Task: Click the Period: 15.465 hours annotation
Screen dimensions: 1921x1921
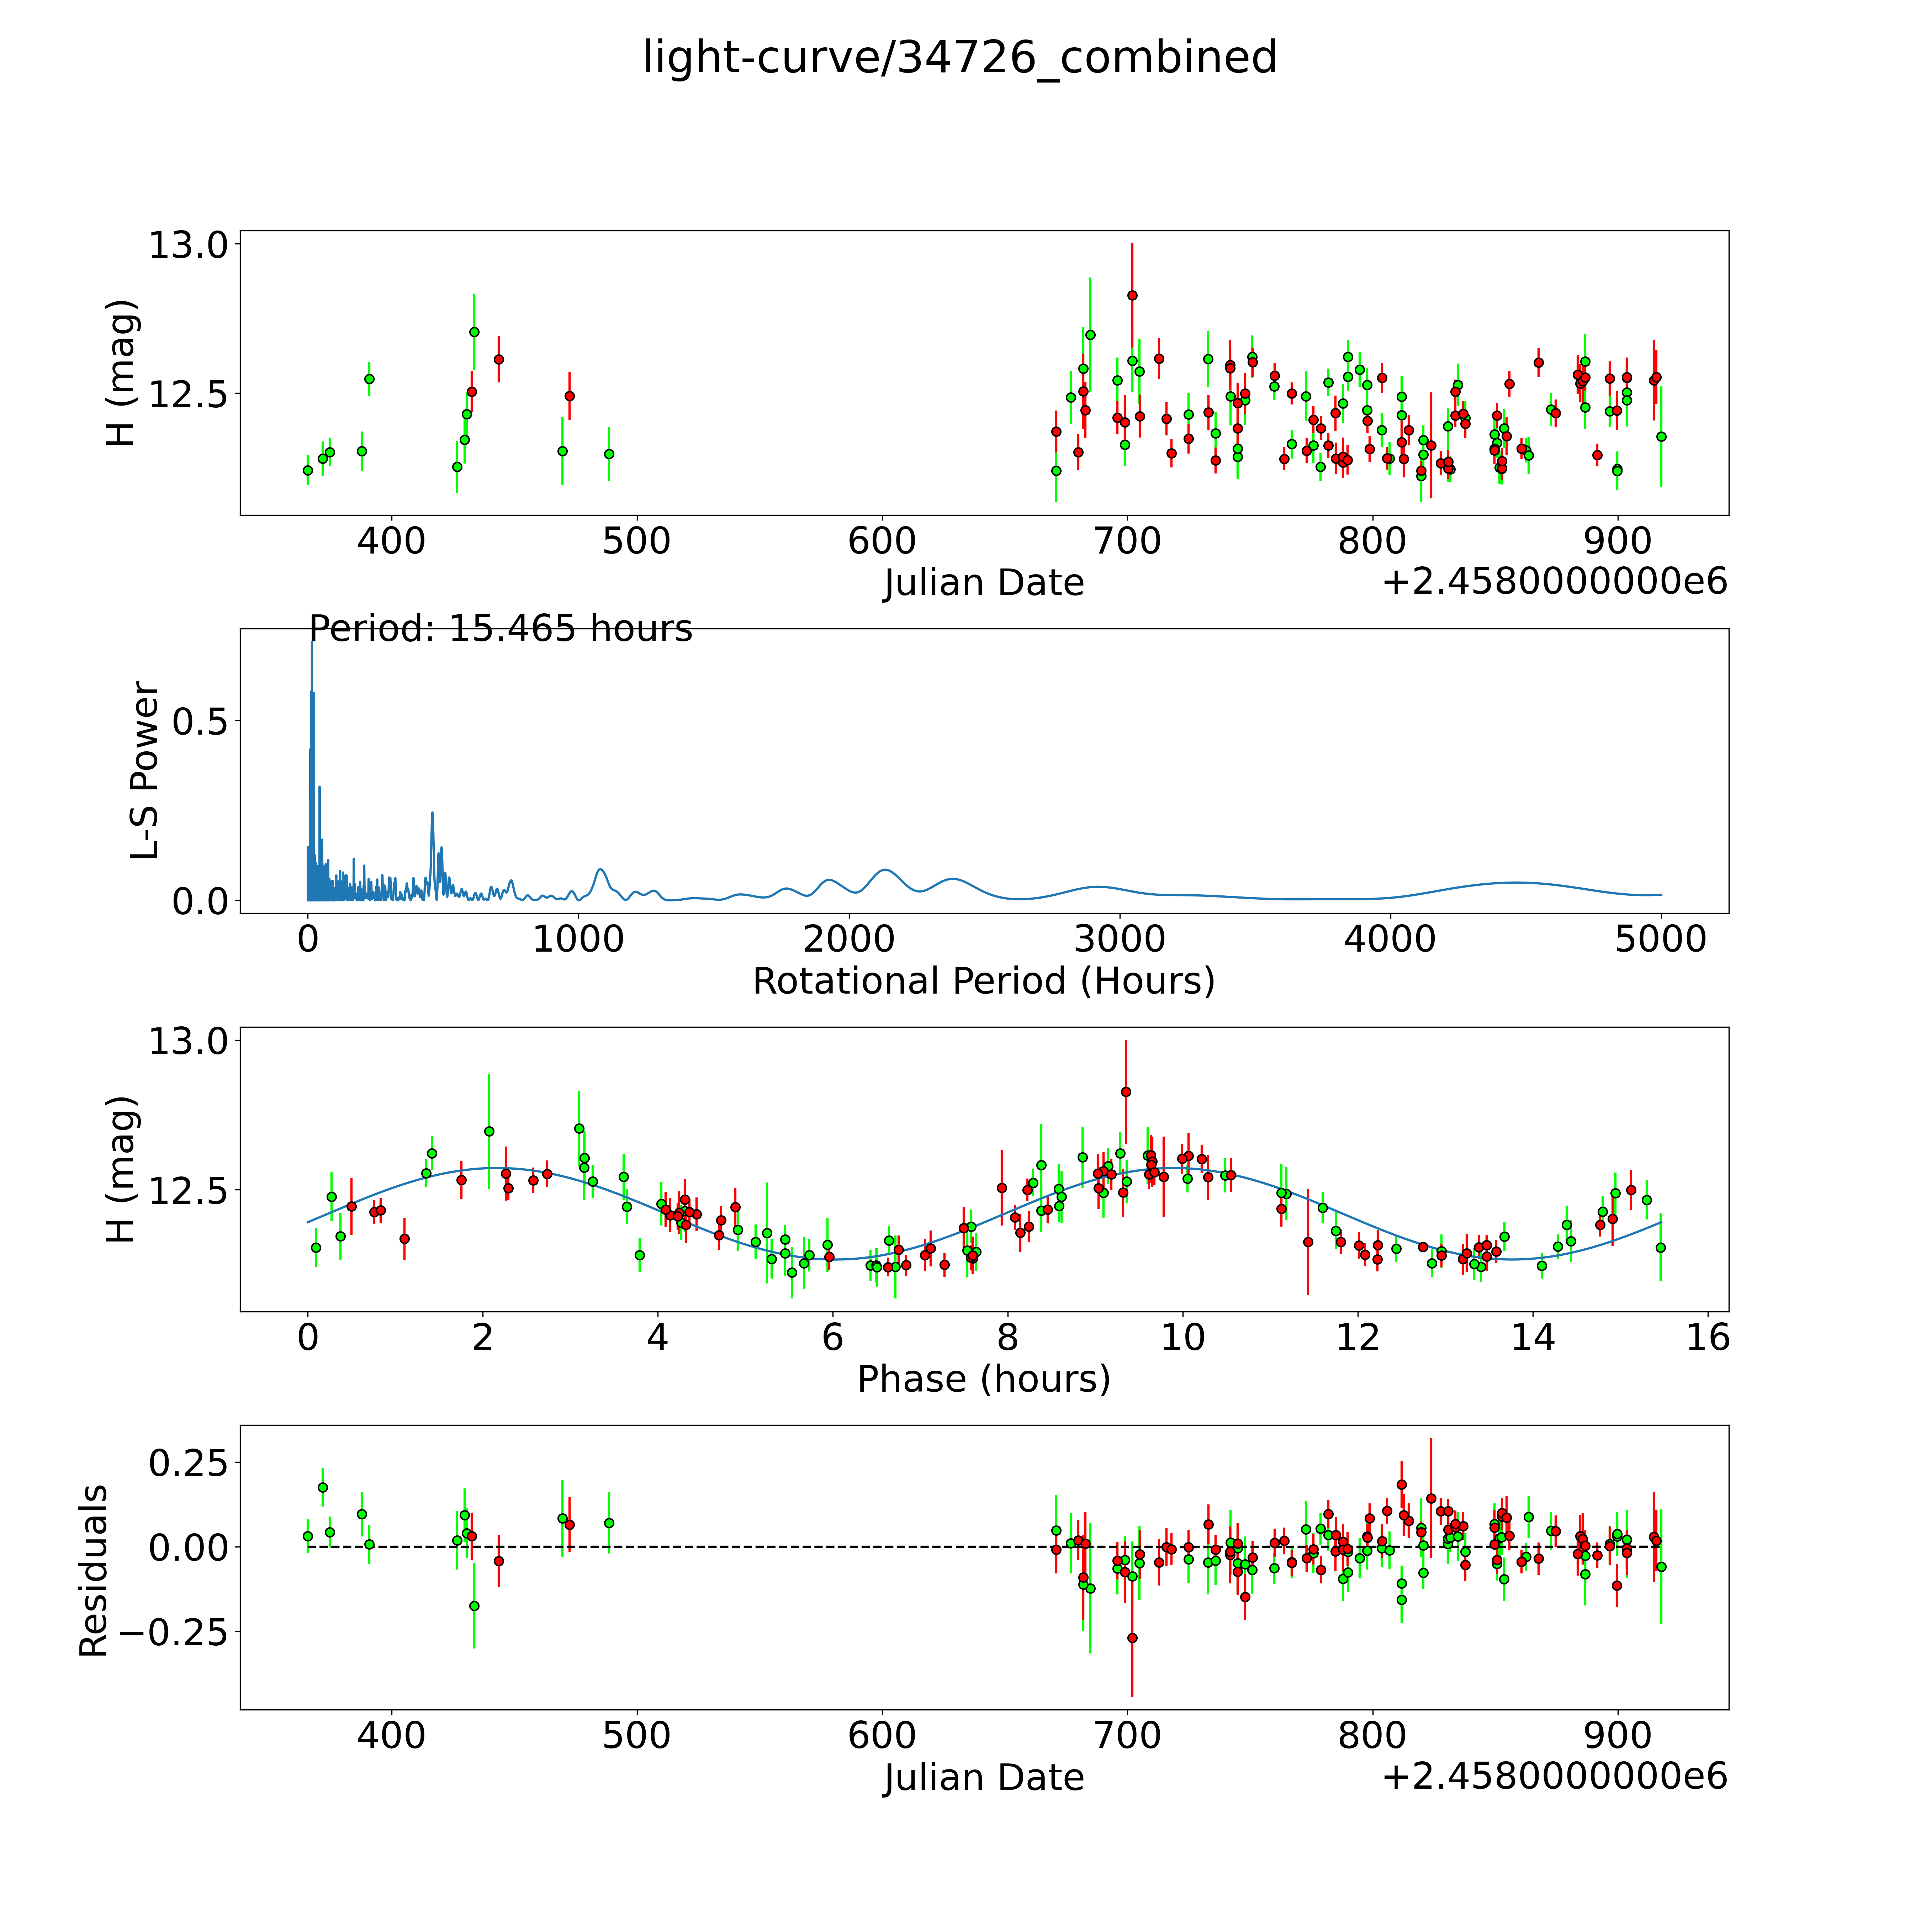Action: pos(500,629)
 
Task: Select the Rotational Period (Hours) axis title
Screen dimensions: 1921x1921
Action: pos(983,981)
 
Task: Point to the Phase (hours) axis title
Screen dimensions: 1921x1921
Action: pos(983,1379)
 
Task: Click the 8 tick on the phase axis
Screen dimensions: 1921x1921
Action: pos(1008,1337)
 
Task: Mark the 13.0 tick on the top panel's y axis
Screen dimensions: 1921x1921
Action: pos(189,245)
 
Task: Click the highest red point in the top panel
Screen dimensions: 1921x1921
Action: pos(1132,295)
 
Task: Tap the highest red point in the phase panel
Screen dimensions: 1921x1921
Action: pos(1126,1092)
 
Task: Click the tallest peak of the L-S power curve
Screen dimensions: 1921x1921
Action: pos(311,644)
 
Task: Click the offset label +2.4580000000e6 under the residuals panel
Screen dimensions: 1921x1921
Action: pos(1554,1776)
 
